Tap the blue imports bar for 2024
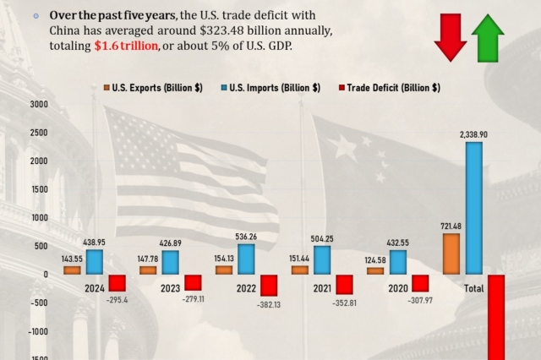95,261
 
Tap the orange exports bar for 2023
148,270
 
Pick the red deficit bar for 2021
344,285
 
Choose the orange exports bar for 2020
375,270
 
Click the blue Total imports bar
474,208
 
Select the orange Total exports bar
451,254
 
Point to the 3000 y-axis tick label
39,104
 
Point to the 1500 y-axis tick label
39,188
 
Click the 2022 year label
246,288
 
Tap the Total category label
473,288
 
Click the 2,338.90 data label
474,134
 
